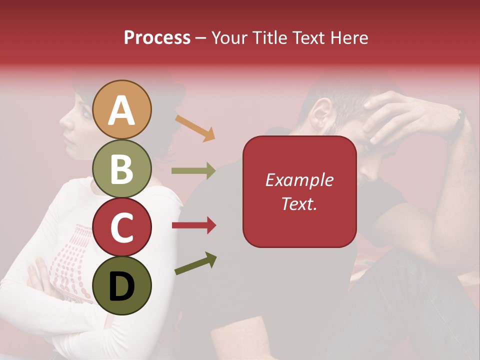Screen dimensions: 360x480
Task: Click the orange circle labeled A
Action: click(122, 109)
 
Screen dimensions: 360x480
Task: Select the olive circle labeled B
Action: click(122, 168)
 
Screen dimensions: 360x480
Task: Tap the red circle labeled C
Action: click(122, 227)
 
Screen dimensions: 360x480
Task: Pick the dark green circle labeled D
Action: click(122, 285)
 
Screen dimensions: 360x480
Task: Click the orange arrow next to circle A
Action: click(195, 127)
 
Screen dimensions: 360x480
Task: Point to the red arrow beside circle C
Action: click(193, 225)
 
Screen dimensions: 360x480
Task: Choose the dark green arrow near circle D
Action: click(195, 263)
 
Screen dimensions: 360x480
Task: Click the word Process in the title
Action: click(157, 37)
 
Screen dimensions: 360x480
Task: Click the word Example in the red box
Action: click(299, 180)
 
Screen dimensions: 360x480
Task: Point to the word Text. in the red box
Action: click(299, 203)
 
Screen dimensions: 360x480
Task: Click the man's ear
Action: click(323, 112)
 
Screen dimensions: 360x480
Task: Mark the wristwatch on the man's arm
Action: click(458, 122)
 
